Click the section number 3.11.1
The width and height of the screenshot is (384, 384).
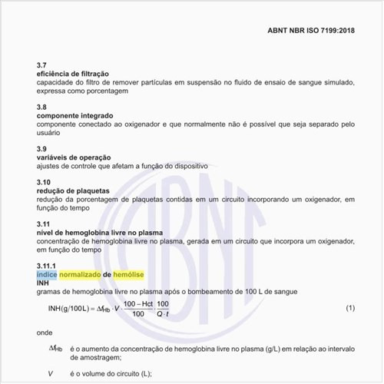(x=48, y=266)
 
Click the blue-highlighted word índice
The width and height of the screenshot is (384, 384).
(x=46, y=274)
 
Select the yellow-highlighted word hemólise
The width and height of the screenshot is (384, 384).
(x=128, y=274)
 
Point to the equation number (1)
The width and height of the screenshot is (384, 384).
(x=349, y=308)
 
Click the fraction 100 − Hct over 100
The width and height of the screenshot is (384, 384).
(x=139, y=309)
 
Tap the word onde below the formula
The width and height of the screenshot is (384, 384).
(x=45, y=333)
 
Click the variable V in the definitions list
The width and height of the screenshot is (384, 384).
(x=50, y=373)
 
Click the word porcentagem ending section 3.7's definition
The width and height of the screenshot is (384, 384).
(x=106, y=91)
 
